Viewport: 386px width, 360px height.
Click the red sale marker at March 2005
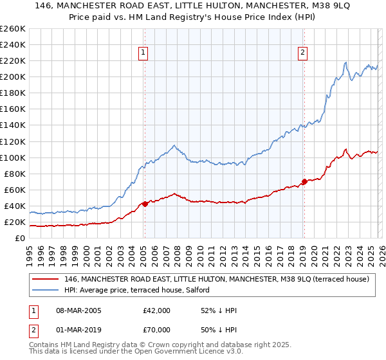click(x=145, y=204)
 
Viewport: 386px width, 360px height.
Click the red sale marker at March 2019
click(x=304, y=181)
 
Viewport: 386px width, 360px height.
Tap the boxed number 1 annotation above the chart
click(x=142, y=53)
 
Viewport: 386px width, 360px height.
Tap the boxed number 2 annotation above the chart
click(x=302, y=53)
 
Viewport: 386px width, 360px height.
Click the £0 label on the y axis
click(x=19, y=239)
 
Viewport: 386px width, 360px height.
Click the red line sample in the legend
click(x=46, y=279)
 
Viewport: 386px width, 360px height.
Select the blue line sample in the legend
click(x=46, y=290)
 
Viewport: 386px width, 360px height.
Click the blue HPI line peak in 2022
click(x=346, y=62)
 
